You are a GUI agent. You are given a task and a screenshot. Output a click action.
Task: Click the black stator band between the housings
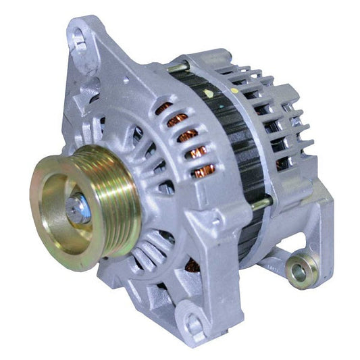point(223,155)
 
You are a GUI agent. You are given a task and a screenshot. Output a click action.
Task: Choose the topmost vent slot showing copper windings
point(177,120)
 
